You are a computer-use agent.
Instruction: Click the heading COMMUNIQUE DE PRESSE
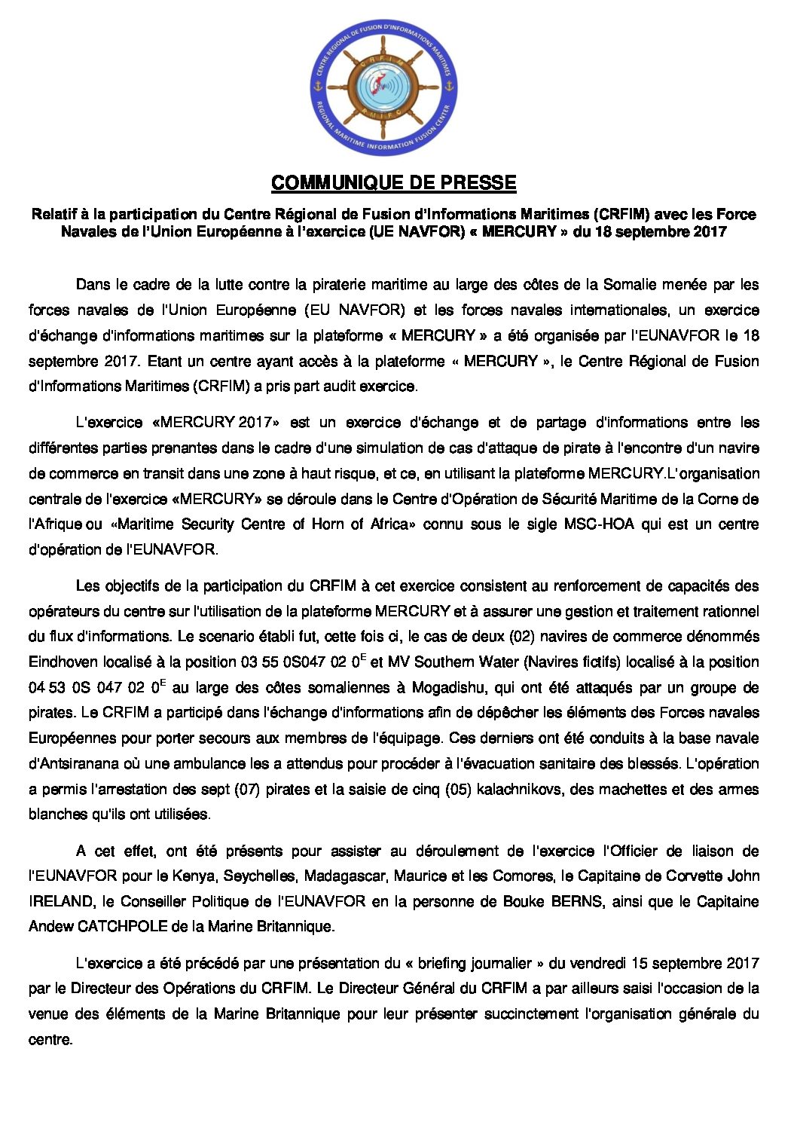pos(393,183)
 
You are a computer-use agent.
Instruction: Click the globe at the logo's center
pos(383,87)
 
